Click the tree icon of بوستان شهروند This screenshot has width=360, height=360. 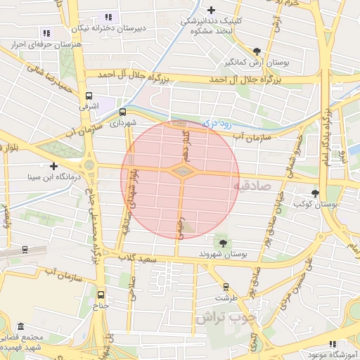224,243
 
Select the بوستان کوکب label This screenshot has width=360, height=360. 315,204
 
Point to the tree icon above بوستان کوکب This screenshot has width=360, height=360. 314,194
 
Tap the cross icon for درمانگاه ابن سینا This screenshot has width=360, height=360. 53,166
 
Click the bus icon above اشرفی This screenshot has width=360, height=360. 89,96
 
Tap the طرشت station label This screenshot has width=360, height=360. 226,297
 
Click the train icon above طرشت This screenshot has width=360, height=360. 226,287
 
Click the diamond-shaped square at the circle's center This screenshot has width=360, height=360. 181,171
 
